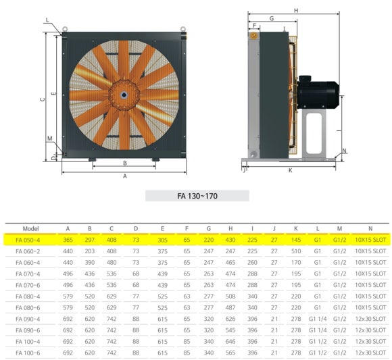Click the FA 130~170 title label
[197, 196]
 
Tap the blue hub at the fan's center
[124, 95]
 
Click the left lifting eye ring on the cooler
[65, 29]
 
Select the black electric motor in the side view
[318, 92]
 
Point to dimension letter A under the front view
[125, 176]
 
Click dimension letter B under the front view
[125, 163]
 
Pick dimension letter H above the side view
[296, 11]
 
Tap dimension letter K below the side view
[290, 170]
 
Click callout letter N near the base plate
[344, 151]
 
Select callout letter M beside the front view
[50, 138]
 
